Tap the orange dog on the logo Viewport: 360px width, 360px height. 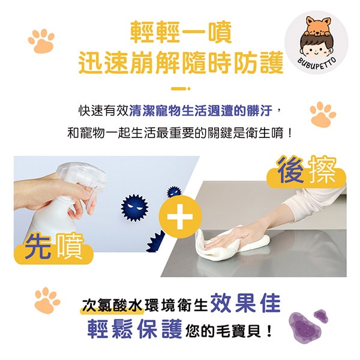[317, 26]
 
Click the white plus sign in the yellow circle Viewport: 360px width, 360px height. [180, 217]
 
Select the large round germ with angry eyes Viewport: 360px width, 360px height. [134, 208]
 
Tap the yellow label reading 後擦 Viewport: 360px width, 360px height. [307, 172]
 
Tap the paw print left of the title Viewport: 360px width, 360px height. [41, 41]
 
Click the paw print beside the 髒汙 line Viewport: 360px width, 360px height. [323, 114]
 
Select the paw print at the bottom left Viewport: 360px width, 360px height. [47, 300]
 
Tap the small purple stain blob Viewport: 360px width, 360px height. [321, 316]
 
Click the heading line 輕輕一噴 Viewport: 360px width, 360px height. [181, 32]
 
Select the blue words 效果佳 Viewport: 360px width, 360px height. [245, 304]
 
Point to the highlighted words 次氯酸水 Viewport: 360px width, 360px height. [113, 306]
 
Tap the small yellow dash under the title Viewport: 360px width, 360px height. [181, 89]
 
